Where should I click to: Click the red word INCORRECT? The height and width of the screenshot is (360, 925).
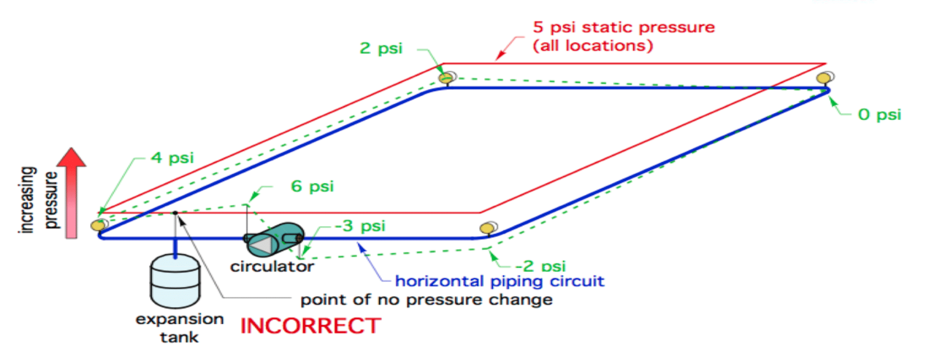pyautogui.click(x=311, y=326)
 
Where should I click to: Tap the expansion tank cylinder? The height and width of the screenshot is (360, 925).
pyautogui.click(x=175, y=281)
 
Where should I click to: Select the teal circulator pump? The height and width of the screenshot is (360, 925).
pyautogui.click(x=275, y=240)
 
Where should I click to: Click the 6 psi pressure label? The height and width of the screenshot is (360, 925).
pyautogui.click(x=312, y=186)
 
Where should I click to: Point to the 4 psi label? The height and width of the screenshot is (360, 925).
pyautogui.click(x=172, y=158)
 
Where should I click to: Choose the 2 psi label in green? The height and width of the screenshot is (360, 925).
pyautogui.click(x=381, y=48)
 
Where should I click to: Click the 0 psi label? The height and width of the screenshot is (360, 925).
pyautogui.click(x=879, y=114)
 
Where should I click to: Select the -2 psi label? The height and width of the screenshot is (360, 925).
pyautogui.click(x=540, y=266)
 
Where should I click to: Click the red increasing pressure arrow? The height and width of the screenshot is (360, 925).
pyautogui.click(x=72, y=193)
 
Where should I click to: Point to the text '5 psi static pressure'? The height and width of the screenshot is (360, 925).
pyautogui.click(x=623, y=27)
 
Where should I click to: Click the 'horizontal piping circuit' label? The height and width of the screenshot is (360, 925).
pyautogui.click(x=499, y=281)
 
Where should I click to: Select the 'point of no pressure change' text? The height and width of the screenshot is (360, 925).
pyautogui.click(x=426, y=300)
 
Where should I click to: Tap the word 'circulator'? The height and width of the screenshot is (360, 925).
pyautogui.click(x=272, y=266)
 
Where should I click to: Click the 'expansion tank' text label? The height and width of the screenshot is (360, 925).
pyautogui.click(x=179, y=328)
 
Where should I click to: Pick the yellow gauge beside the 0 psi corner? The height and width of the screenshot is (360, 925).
pyautogui.click(x=824, y=77)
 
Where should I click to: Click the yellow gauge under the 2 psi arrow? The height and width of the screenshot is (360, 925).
pyautogui.click(x=446, y=77)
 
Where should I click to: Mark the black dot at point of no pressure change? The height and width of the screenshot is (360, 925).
pyautogui.click(x=175, y=213)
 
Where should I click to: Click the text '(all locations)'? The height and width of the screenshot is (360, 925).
pyautogui.click(x=593, y=45)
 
